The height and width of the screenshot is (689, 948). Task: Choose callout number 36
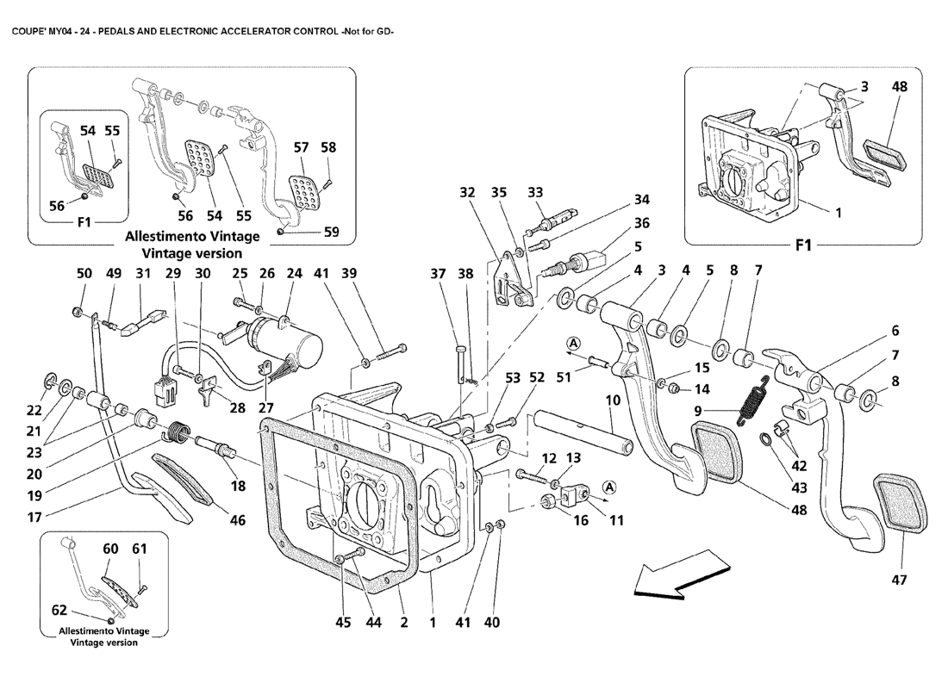tap(641, 222)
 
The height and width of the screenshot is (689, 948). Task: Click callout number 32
tap(467, 193)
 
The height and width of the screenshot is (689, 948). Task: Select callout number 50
tap(84, 274)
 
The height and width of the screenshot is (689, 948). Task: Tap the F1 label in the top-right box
tap(802, 245)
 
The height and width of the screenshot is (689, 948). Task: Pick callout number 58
tap(328, 148)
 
